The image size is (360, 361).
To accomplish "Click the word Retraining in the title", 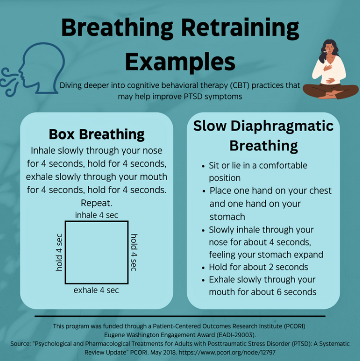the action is tap(240, 28).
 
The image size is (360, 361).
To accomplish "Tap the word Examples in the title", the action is tap(180, 62).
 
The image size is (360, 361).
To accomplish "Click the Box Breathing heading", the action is tap(97, 134).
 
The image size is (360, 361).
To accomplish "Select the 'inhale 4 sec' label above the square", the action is tap(97, 215).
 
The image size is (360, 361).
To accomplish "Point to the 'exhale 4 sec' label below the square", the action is tap(96, 290).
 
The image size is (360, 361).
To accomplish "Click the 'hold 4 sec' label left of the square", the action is tap(59, 252).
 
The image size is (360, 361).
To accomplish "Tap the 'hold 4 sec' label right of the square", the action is tap(134, 252).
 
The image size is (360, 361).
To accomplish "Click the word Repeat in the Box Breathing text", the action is tap(97, 203).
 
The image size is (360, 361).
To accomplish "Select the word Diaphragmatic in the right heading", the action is tap(282, 126).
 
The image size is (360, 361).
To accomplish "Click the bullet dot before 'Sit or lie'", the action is tap(203, 166).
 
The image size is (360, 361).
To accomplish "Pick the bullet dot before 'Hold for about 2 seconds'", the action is tap(203, 268).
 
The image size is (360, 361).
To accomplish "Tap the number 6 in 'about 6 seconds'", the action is tap(279, 292).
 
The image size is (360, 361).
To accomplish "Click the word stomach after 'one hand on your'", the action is tap(227, 217).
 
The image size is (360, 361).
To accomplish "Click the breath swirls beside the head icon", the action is tap(9, 82).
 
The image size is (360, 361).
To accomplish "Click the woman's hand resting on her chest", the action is tap(327, 68).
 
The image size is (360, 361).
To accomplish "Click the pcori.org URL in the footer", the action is tap(227, 352).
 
